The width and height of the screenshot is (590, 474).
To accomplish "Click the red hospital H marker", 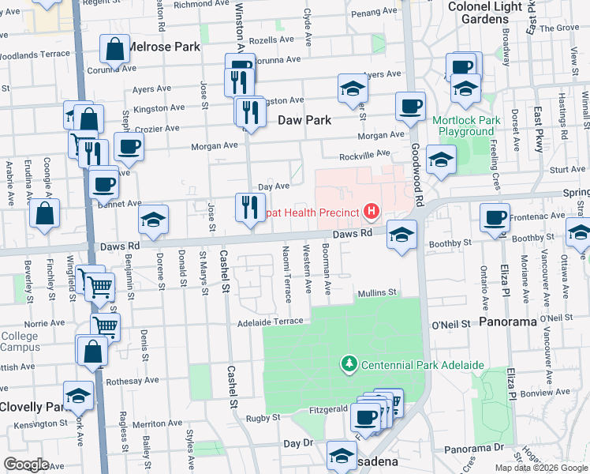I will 371,212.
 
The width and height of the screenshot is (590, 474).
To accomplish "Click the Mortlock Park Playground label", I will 467,126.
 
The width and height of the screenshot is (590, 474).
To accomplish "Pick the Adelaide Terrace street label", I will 271,322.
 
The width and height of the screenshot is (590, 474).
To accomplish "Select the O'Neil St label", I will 450,324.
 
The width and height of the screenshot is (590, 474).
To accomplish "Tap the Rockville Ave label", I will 364,155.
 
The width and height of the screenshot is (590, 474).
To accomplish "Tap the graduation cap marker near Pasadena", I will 342,456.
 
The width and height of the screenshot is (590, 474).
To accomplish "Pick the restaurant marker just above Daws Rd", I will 249,208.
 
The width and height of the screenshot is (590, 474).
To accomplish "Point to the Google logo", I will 27,465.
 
